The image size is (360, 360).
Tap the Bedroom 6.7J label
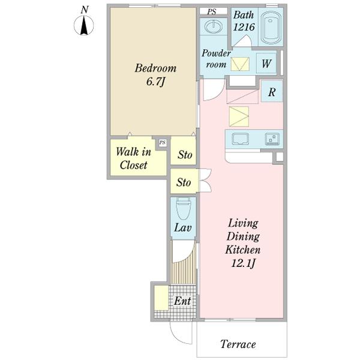tap(155, 74)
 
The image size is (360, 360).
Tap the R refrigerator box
tap(272, 92)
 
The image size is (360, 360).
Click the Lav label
tap(182, 228)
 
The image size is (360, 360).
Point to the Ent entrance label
tap(182, 301)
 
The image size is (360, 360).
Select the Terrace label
tap(238, 344)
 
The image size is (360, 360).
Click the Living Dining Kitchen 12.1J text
tap(242, 243)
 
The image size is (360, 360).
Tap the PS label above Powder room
tap(211, 11)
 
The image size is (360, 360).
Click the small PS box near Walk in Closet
tap(162, 143)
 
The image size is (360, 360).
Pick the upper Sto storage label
tap(185, 155)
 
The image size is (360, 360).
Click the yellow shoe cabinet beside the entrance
tap(161, 298)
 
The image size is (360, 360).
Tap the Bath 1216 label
tap(244, 21)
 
